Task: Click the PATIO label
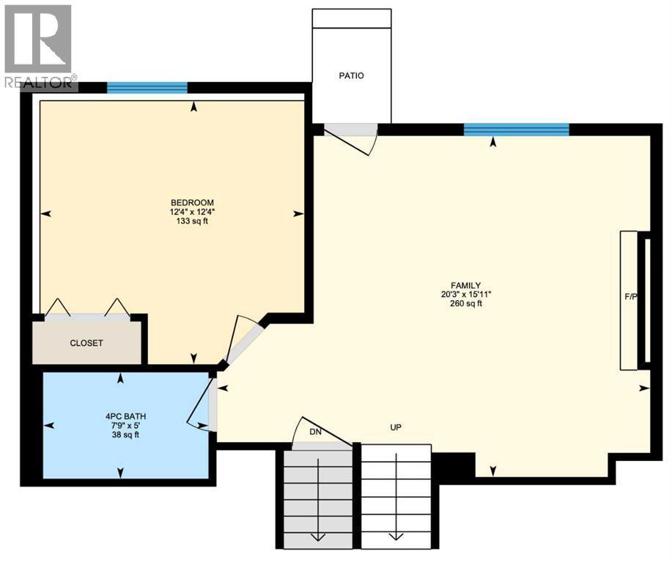click(x=351, y=75)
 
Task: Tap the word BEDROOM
click(x=192, y=203)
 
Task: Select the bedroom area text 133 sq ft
click(x=192, y=222)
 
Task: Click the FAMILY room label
click(x=465, y=285)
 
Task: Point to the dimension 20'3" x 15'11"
click(x=465, y=295)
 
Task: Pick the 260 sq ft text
click(x=465, y=304)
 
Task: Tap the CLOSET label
click(x=86, y=343)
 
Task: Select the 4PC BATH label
click(x=122, y=416)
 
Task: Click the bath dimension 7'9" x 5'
click(x=122, y=426)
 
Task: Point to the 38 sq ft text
click(x=122, y=435)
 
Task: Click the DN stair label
click(x=316, y=432)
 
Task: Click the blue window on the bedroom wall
click(x=147, y=88)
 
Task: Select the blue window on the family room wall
click(x=516, y=130)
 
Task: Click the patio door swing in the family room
click(x=351, y=137)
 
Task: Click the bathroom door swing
click(x=203, y=406)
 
